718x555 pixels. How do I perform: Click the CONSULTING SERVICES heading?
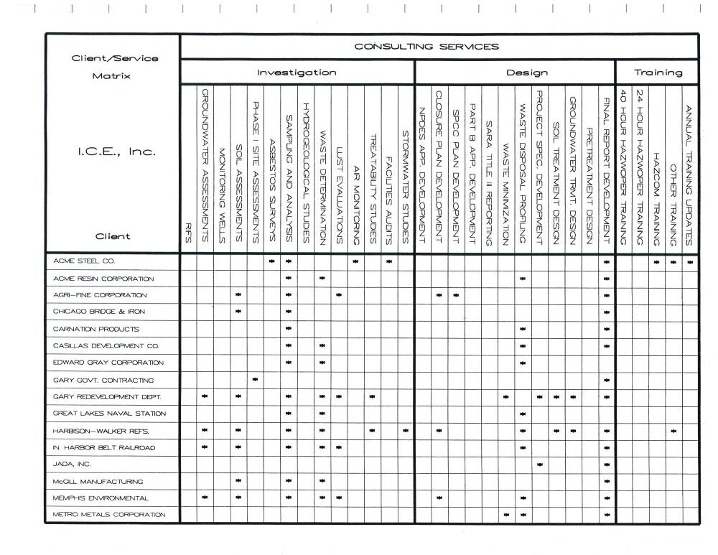click(426, 47)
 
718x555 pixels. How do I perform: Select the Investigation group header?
click(297, 73)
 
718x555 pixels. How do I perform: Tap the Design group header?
click(527, 73)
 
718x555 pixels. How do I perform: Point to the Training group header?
click(658, 73)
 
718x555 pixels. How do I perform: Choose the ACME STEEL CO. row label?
click(84, 261)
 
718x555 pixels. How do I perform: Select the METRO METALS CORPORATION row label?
click(109, 515)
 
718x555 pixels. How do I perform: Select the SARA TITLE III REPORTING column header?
click(488, 183)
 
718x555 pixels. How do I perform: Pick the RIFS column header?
click(188, 234)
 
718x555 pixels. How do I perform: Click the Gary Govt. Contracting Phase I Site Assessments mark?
click(255, 379)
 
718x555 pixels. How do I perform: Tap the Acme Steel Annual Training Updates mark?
click(690, 261)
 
